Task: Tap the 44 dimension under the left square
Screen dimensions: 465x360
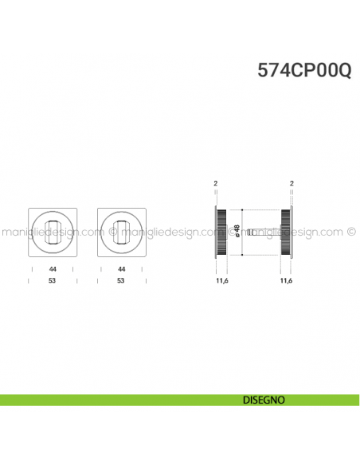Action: [52, 270]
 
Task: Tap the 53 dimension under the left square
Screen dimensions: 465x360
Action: [52, 280]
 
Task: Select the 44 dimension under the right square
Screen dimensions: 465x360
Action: [120, 270]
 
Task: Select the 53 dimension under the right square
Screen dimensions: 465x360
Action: [120, 280]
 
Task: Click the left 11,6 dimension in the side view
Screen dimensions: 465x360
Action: [221, 281]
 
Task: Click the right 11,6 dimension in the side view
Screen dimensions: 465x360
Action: [288, 281]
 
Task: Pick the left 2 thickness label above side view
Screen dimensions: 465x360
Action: [216, 184]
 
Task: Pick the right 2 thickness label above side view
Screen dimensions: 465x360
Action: [292, 184]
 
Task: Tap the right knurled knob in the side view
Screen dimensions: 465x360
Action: [285, 232]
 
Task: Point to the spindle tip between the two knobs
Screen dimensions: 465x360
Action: [250, 232]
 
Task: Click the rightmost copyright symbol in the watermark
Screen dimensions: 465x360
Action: [351, 234]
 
